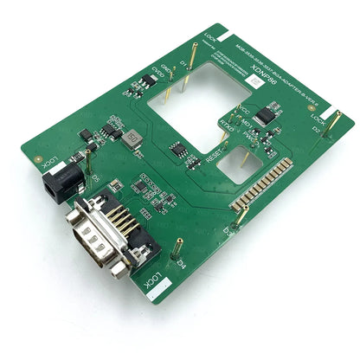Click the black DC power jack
click(62, 183)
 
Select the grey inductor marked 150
click(132, 138)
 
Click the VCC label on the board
click(244, 112)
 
